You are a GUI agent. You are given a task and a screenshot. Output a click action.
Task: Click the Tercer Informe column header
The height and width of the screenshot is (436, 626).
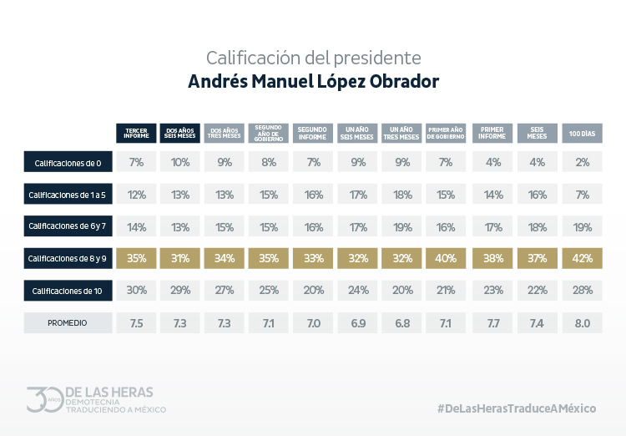point(137,133)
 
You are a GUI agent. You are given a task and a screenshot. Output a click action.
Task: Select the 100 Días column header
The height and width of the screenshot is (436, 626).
point(582,133)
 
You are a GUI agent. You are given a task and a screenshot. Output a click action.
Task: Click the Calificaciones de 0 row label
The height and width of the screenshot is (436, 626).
point(68,161)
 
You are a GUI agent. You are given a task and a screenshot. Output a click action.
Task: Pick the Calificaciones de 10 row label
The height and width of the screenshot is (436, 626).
point(68,291)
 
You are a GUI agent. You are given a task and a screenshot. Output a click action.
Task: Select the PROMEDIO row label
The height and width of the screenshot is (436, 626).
point(68,322)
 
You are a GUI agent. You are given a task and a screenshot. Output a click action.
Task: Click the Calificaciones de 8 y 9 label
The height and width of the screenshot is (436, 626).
point(68,258)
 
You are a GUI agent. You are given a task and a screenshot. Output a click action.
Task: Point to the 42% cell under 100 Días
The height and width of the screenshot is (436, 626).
point(582,258)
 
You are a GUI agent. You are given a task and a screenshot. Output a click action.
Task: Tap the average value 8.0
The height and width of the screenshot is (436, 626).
point(582,322)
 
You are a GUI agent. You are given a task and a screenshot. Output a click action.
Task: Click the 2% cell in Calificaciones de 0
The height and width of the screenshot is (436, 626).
point(582,161)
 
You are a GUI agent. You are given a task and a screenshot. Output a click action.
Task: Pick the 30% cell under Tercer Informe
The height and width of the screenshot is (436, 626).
point(137,291)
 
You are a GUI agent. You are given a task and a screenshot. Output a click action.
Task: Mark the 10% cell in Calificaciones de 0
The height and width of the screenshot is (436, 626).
point(180,161)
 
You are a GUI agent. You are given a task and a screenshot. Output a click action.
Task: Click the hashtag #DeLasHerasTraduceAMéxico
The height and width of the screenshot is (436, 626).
point(517,408)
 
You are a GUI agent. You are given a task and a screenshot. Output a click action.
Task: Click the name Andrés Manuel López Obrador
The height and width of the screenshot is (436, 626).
point(313,83)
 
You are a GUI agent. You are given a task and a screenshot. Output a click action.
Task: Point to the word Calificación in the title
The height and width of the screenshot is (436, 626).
point(246,58)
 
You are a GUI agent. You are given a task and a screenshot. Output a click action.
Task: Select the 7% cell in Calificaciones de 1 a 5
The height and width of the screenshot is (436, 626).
point(582,194)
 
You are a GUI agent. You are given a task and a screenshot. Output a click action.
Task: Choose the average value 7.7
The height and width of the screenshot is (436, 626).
point(492,322)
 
